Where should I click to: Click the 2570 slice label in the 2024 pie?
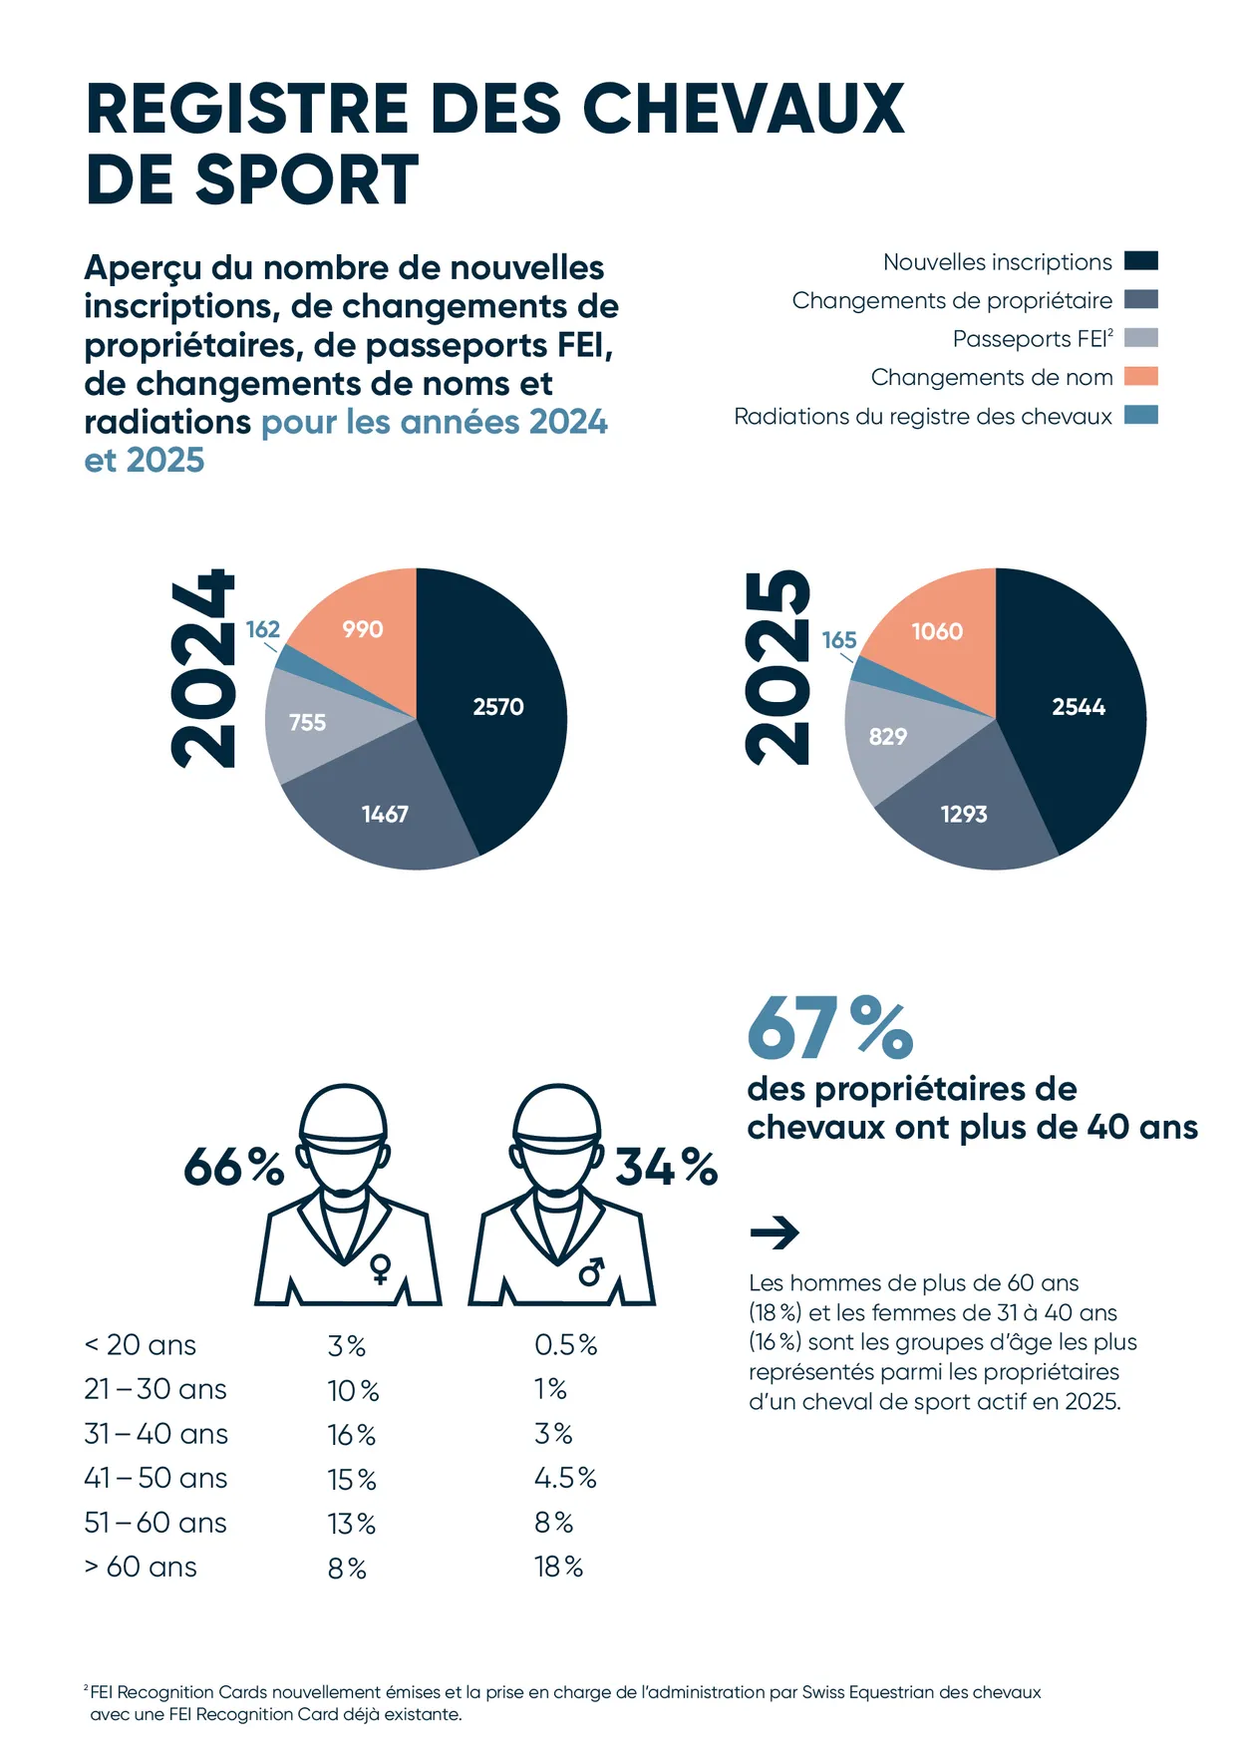498,707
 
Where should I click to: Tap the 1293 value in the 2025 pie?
964,815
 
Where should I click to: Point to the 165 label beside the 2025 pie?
839,640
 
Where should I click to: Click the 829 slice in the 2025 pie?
888,737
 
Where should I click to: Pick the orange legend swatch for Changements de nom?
1140,377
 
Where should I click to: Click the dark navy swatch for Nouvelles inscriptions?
1140,261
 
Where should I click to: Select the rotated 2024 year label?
204,669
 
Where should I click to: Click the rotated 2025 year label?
779,667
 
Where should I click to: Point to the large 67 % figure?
829,1028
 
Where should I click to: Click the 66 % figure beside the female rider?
233,1167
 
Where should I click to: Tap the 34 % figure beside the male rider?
666,1167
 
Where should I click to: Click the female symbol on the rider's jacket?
380,1269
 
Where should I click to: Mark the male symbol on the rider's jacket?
591,1271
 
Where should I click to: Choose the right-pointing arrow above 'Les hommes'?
775,1233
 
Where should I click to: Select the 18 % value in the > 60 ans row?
558,1568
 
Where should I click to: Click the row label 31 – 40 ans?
155,1434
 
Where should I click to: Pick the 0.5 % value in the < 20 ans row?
565,1345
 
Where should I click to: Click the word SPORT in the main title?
307,180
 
